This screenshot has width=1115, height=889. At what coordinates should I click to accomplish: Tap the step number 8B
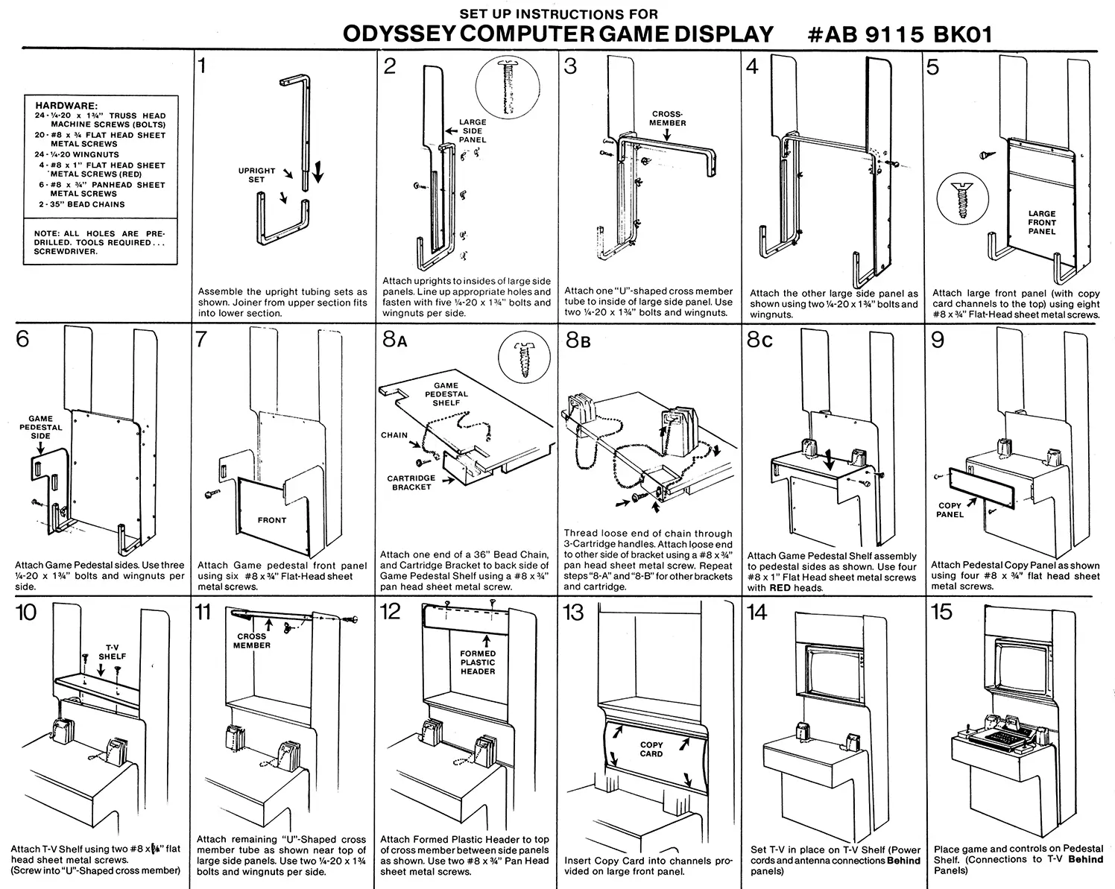(578, 341)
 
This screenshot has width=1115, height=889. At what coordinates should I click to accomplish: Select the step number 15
(941, 613)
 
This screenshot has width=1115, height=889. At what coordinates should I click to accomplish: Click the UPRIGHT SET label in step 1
(256, 175)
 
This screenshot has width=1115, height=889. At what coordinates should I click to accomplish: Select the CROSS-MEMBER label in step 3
(667, 118)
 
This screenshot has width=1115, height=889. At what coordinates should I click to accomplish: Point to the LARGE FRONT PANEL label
(1042, 222)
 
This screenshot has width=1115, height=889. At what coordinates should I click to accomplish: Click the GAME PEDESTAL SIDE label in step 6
(41, 427)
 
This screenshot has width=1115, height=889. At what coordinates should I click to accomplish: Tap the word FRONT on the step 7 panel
(272, 520)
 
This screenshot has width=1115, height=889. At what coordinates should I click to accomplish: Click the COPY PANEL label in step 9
(950, 510)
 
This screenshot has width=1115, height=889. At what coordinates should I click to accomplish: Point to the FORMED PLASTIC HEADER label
(478, 662)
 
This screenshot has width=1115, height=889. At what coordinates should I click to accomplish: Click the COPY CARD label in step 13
(651, 749)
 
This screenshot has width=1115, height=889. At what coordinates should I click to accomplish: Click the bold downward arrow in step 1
(318, 171)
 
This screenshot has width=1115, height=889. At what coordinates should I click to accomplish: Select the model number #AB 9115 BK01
(900, 34)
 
